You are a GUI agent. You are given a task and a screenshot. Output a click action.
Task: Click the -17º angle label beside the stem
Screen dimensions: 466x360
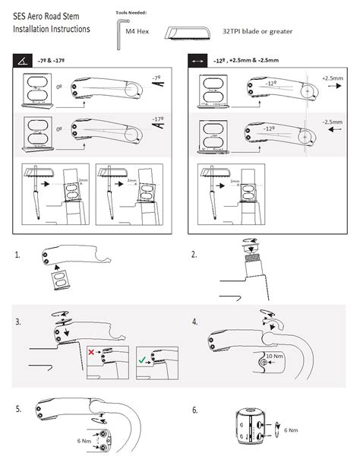point(157,120)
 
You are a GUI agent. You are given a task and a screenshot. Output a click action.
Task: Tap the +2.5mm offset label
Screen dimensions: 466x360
point(332,78)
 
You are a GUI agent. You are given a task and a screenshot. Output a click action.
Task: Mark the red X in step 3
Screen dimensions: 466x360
point(92,353)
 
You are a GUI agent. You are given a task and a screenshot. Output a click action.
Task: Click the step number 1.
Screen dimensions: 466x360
point(17,256)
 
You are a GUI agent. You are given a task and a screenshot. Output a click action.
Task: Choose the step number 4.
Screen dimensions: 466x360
point(194,322)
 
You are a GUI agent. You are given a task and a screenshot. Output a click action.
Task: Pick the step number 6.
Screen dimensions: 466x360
point(194,410)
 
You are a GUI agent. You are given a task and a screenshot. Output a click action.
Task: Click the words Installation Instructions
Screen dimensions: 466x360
point(46,29)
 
